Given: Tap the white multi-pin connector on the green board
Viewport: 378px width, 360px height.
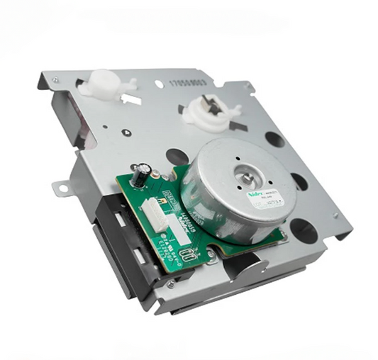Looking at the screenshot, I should pyautogui.click(x=154, y=213).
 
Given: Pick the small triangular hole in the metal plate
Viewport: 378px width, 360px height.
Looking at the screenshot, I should pyautogui.click(x=125, y=131).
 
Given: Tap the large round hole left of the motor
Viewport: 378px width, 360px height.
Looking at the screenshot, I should pyautogui.click(x=177, y=157).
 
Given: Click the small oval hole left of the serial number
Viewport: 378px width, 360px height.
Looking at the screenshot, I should pyautogui.click(x=159, y=84).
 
